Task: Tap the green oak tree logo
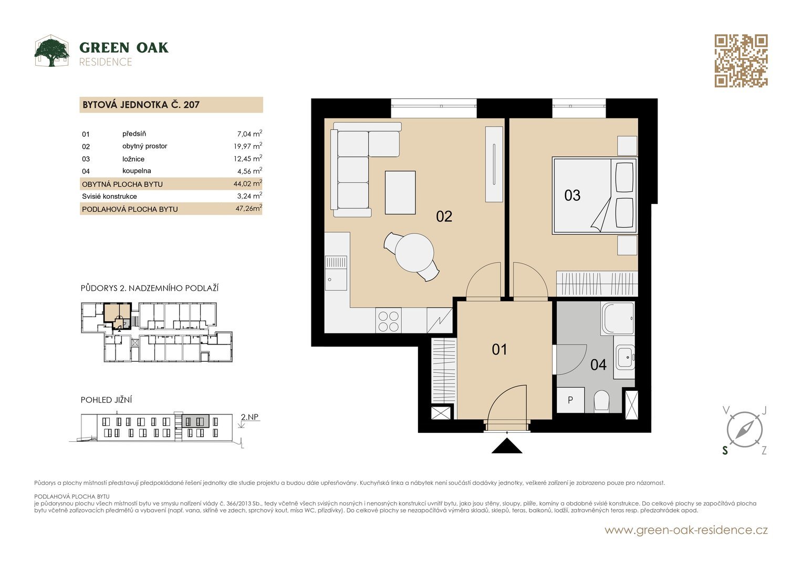click(x=52, y=51)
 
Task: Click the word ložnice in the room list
click(x=133, y=159)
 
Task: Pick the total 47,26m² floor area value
click(x=248, y=208)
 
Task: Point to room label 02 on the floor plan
click(x=444, y=216)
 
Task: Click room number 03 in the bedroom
click(x=572, y=196)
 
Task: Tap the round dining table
click(x=414, y=252)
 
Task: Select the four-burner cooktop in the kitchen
click(x=389, y=321)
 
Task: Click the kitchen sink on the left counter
click(x=336, y=272)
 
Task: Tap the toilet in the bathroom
click(x=601, y=401)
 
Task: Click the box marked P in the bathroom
click(x=570, y=400)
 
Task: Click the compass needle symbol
click(x=744, y=430)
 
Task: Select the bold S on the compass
click(x=725, y=450)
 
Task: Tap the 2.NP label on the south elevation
click(x=249, y=417)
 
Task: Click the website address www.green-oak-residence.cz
click(x=686, y=530)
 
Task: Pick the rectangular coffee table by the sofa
click(x=400, y=192)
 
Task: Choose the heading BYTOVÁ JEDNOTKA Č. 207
click(x=141, y=105)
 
